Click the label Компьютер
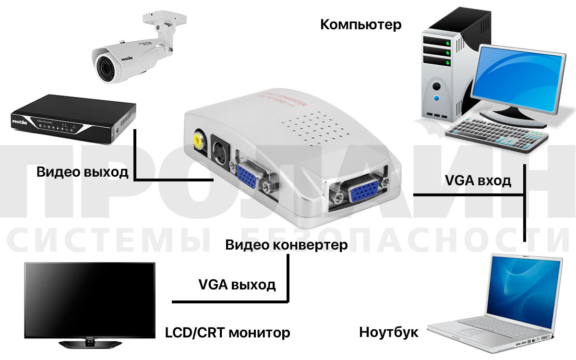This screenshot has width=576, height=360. pyautogui.click(x=360, y=24)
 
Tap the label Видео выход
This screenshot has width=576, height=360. pyautogui.click(x=83, y=172)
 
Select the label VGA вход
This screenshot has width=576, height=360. pyautogui.click(x=478, y=181)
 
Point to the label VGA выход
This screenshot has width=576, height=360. pyautogui.click(x=237, y=284)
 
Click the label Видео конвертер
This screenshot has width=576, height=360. pyautogui.click(x=287, y=245)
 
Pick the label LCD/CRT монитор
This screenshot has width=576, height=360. pyautogui.click(x=228, y=332)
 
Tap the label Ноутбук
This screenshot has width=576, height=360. pyautogui.click(x=389, y=332)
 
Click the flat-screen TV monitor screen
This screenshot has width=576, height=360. pyautogui.click(x=90, y=300)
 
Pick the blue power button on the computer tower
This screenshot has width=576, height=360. pyautogui.click(x=436, y=99)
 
